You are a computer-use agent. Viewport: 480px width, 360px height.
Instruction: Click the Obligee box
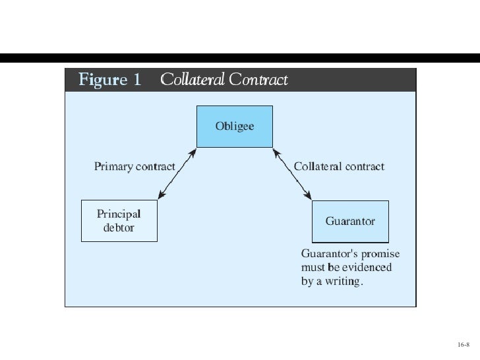[x=235, y=127]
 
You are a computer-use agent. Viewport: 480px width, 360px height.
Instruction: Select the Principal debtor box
[x=119, y=221]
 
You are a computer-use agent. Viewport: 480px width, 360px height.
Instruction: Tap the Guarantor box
[x=350, y=222]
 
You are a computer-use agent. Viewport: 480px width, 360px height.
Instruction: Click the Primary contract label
[x=135, y=166]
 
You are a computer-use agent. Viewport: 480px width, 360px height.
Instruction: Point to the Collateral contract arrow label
[x=339, y=166]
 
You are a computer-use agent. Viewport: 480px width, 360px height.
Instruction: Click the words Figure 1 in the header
[x=110, y=80]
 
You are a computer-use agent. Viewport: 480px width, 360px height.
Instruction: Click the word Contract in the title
[x=258, y=80]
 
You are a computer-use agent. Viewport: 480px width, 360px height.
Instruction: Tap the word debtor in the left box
[x=119, y=227]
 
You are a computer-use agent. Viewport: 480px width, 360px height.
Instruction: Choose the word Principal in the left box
[x=119, y=214]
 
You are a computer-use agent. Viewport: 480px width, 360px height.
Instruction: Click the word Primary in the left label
[x=113, y=166]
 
